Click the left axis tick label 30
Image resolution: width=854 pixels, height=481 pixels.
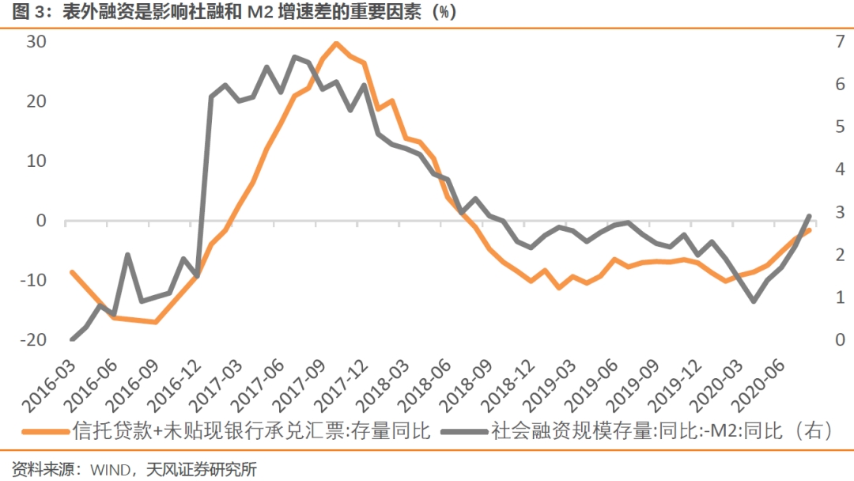36,41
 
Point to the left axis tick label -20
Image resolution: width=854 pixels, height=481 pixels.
32,339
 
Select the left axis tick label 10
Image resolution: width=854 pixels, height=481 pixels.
36,161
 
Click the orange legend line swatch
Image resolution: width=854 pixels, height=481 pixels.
44,432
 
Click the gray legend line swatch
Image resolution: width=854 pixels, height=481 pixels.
464,432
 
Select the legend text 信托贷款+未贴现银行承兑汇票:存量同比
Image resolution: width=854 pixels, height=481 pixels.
251,431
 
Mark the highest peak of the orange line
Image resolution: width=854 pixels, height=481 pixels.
336,44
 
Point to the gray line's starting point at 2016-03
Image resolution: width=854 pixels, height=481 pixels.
73,339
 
